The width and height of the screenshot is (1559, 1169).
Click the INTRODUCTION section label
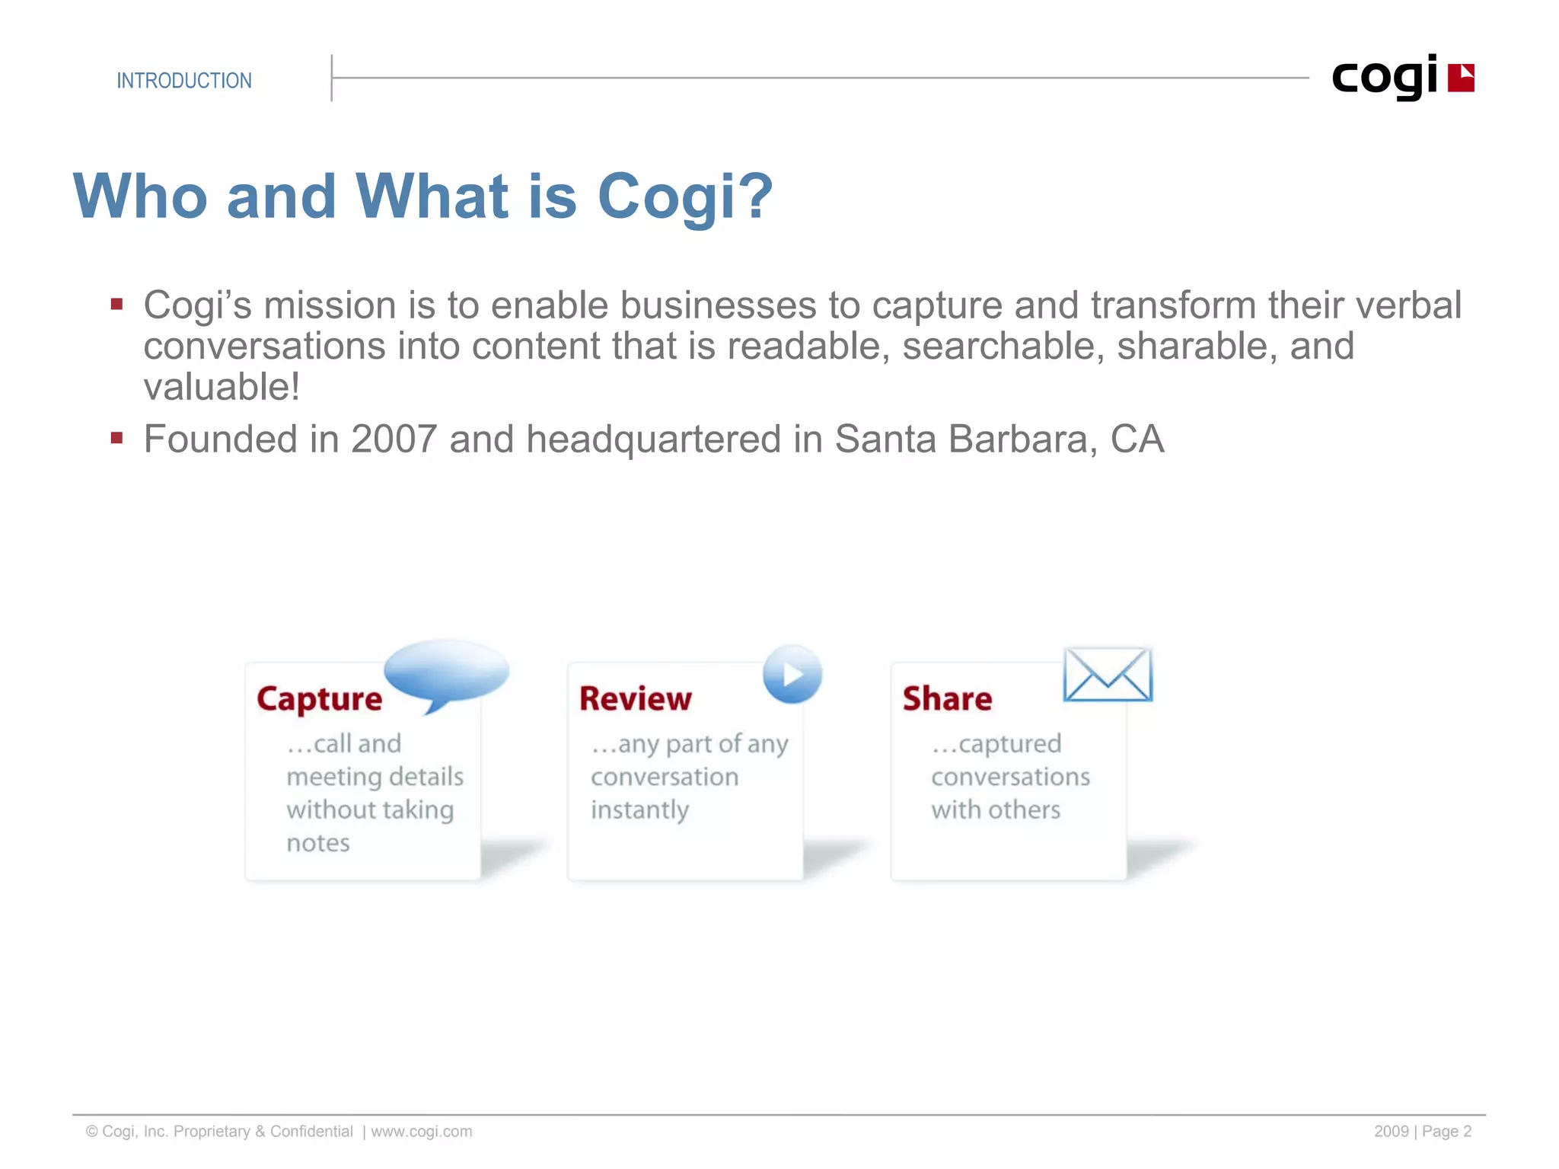(x=183, y=81)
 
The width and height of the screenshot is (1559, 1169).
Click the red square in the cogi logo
(x=1460, y=78)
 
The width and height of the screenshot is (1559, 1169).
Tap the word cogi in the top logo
(x=1384, y=78)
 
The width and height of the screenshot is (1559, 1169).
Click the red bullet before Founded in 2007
(x=116, y=439)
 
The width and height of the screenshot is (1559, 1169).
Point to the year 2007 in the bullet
(x=393, y=439)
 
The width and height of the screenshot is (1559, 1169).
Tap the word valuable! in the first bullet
(x=222, y=387)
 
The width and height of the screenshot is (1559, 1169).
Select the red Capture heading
(x=319, y=699)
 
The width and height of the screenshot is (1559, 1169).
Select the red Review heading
(x=635, y=699)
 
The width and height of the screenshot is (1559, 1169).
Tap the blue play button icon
(x=792, y=675)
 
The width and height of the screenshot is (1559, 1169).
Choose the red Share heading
(x=947, y=699)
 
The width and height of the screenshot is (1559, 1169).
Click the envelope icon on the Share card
(x=1108, y=675)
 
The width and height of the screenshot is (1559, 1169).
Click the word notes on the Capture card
(x=318, y=844)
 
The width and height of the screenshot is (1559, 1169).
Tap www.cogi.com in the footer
(x=421, y=1132)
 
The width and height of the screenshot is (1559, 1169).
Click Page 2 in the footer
(x=1446, y=1132)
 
